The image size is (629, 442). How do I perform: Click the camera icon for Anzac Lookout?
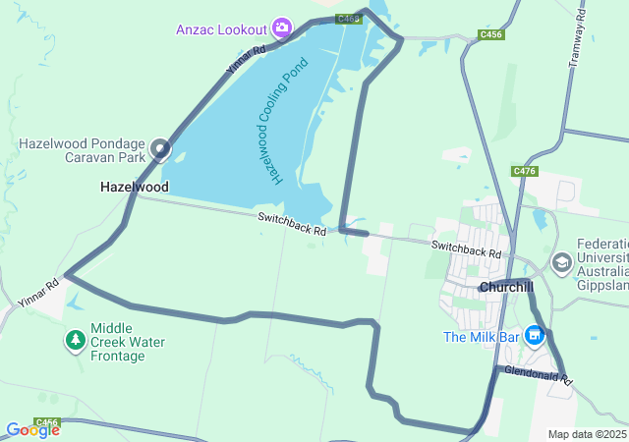283,28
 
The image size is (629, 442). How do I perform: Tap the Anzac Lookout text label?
222,28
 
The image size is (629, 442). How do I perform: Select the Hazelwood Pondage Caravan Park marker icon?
160,151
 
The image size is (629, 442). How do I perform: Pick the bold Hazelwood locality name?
134,187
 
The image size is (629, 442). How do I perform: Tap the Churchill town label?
506,287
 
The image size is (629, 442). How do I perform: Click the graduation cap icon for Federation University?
562,262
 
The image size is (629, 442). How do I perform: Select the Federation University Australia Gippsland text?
602,264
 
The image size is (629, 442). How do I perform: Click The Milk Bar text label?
482,337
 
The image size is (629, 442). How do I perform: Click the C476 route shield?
525,171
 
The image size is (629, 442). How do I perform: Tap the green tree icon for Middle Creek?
76,340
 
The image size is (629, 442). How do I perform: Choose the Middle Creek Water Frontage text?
128,342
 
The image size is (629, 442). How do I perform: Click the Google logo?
31,429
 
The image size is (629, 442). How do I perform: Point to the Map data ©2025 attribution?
586,434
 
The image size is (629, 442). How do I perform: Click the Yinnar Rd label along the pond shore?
246,61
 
